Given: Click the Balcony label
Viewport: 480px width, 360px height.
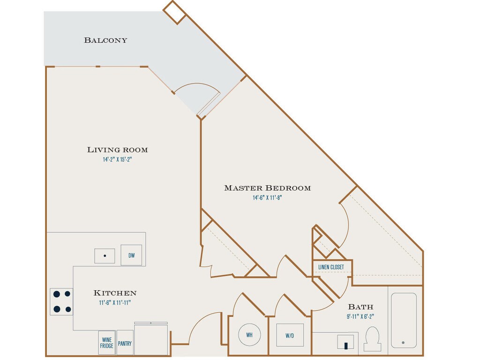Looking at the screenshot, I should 105,40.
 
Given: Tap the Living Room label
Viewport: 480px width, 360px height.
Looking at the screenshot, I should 117,150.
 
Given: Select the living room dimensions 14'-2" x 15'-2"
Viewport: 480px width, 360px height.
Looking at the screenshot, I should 117,159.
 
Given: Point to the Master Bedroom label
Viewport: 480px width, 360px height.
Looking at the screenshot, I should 267,188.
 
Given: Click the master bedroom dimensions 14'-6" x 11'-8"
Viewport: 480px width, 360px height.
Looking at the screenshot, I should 267,198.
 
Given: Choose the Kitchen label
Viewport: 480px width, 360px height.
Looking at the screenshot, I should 115,293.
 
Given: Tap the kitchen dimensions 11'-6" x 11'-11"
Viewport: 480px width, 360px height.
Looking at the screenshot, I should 115,302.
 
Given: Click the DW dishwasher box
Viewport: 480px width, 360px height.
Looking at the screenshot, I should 131,255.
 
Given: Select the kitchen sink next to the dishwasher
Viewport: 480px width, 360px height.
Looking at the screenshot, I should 105,256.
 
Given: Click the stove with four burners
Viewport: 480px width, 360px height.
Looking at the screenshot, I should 61,301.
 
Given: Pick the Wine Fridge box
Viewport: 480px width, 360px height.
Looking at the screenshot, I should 106,343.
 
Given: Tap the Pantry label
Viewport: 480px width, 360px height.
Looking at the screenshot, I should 125,343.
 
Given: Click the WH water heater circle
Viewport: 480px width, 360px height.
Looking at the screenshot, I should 249,335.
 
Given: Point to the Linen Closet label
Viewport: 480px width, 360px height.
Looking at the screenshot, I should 331,267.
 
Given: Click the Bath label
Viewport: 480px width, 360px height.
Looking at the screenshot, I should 360,307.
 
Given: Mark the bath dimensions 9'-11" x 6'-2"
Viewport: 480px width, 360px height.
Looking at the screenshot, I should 360,316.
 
